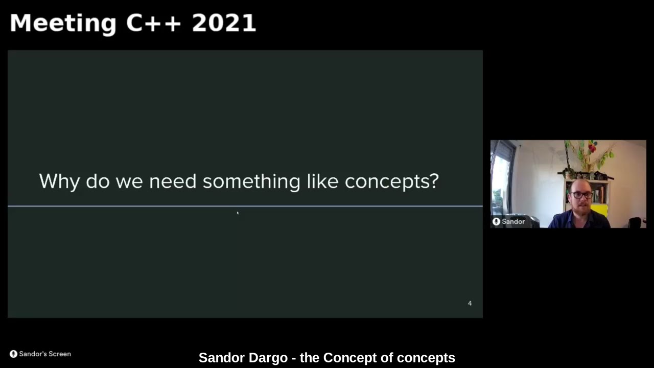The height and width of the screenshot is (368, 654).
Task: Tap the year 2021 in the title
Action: pyautogui.click(x=223, y=24)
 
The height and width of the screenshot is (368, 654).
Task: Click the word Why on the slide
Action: pyautogui.click(x=59, y=181)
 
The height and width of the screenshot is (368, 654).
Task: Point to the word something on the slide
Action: pyautogui.click(x=251, y=181)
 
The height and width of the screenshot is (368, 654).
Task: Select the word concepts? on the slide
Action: pyautogui.click(x=391, y=181)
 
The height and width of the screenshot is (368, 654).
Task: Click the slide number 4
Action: pyautogui.click(x=470, y=303)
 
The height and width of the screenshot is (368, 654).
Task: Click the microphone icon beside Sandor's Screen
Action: pyautogui.click(x=13, y=354)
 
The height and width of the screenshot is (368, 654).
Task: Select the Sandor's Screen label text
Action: pyautogui.click(x=45, y=354)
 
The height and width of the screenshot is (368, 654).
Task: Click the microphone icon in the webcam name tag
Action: pyautogui.click(x=496, y=221)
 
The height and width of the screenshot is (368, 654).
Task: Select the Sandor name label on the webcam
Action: pyautogui.click(x=513, y=221)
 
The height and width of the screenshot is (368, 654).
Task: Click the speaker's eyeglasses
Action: pyautogui.click(x=582, y=195)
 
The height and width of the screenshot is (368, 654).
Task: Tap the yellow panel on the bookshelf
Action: pyautogui.click(x=600, y=210)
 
